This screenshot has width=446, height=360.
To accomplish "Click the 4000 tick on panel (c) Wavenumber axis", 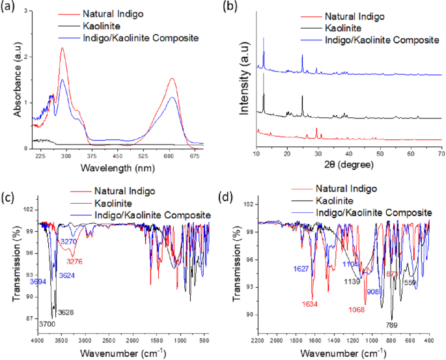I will point(37,340).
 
